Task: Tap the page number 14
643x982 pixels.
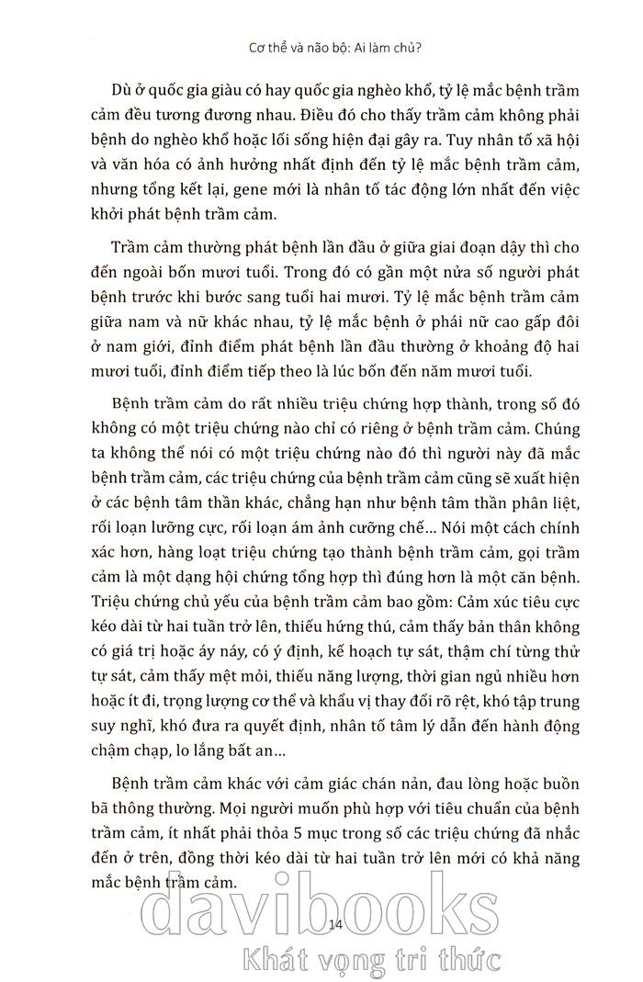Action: tap(334, 923)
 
